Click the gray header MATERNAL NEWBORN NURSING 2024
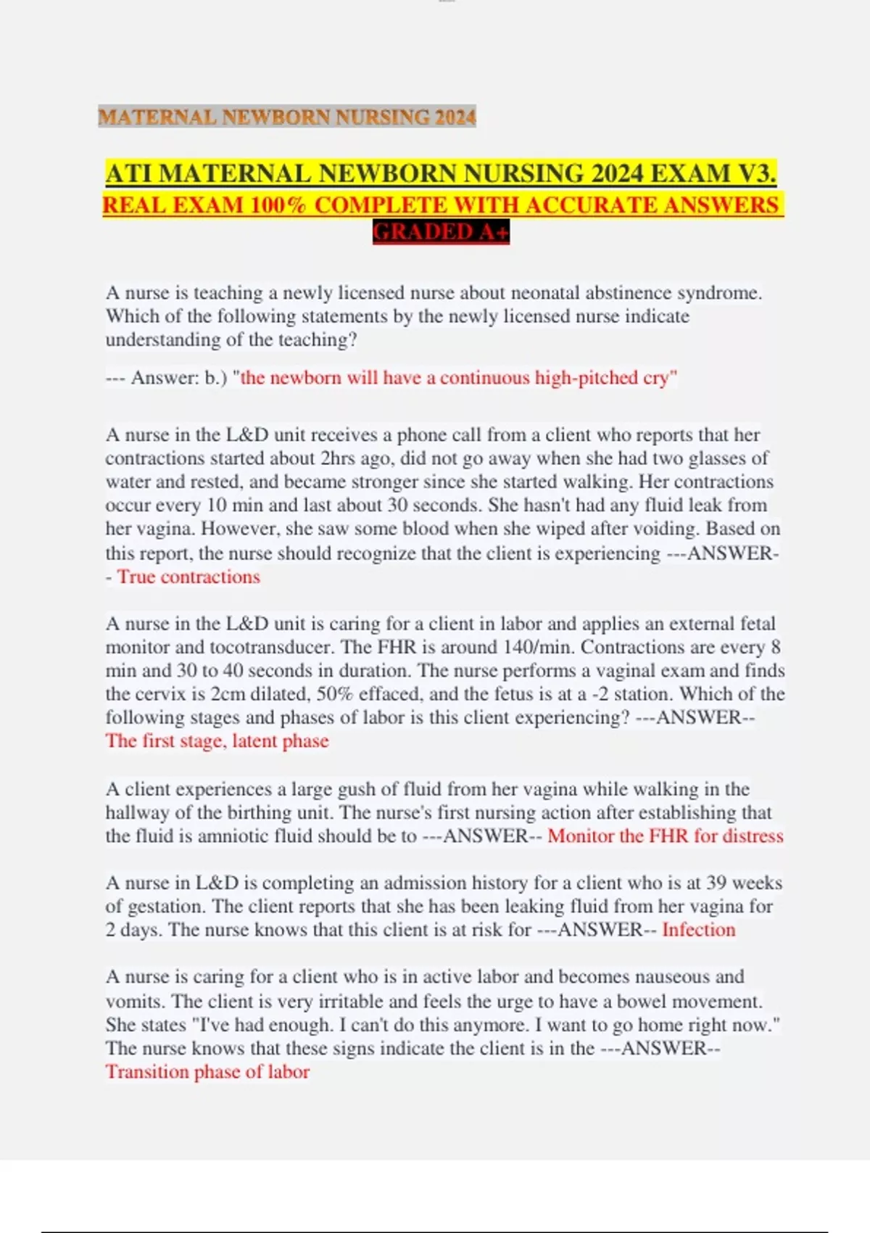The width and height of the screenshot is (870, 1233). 287,116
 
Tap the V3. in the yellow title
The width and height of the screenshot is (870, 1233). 758,174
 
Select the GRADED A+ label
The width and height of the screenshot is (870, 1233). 441,232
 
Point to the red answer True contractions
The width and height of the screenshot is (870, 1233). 188,577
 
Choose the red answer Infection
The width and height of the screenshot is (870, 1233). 698,930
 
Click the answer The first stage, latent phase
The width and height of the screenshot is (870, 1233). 217,741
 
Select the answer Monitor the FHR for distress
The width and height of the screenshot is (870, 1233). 665,836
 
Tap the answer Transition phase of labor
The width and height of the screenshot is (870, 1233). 207,1072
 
